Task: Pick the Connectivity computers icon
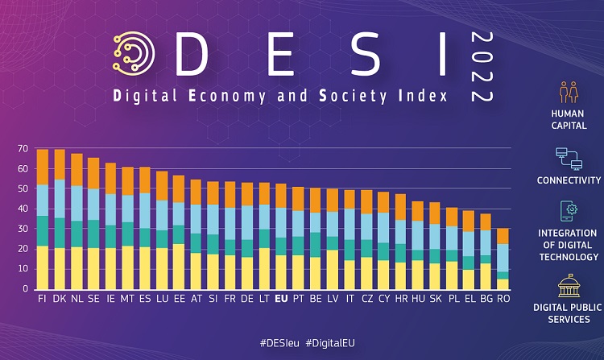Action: pyautogui.click(x=569, y=159)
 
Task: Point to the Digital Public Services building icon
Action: pyautogui.click(x=569, y=287)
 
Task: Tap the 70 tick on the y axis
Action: pyautogui.click(x=23, y=150)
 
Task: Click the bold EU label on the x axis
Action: pyautogui.click(x=281, y=299)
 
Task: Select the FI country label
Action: pyautogui.click(x=43, y=299)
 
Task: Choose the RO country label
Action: pyautogui.click(x=503, y=299)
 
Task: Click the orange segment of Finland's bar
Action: pyautogui.click(x=43, y=167)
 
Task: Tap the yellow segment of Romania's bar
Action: pyautogui.click(x=503, y=283)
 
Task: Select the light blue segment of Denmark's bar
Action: pyautogui.click(x=60, y=198)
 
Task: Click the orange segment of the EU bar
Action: pyautogui.click(x=281, y=196)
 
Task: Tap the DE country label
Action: pyautogui.click(x=246, y=299)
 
